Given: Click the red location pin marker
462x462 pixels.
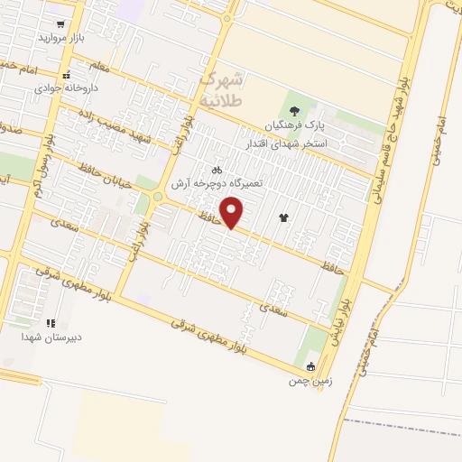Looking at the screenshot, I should tap(233, 213).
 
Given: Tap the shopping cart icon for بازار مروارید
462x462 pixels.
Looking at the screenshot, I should tap(60, 24).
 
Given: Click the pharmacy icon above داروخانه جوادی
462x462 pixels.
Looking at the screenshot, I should tap(66, 75).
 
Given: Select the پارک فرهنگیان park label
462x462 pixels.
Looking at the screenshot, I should tap(293, 125).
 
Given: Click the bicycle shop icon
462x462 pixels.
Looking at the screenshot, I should tap(217, 168).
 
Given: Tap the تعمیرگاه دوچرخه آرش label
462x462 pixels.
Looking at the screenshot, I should tap(221, 182).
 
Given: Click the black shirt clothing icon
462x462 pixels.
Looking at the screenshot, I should tap(285, 217).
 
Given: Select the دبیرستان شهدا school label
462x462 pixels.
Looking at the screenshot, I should tap(51, 337).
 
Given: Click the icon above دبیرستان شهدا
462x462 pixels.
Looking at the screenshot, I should tap(51, 322).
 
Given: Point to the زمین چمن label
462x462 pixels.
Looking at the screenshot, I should tap(311, 381).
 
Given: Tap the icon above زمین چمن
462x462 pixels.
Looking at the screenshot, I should tap(311, 366).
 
